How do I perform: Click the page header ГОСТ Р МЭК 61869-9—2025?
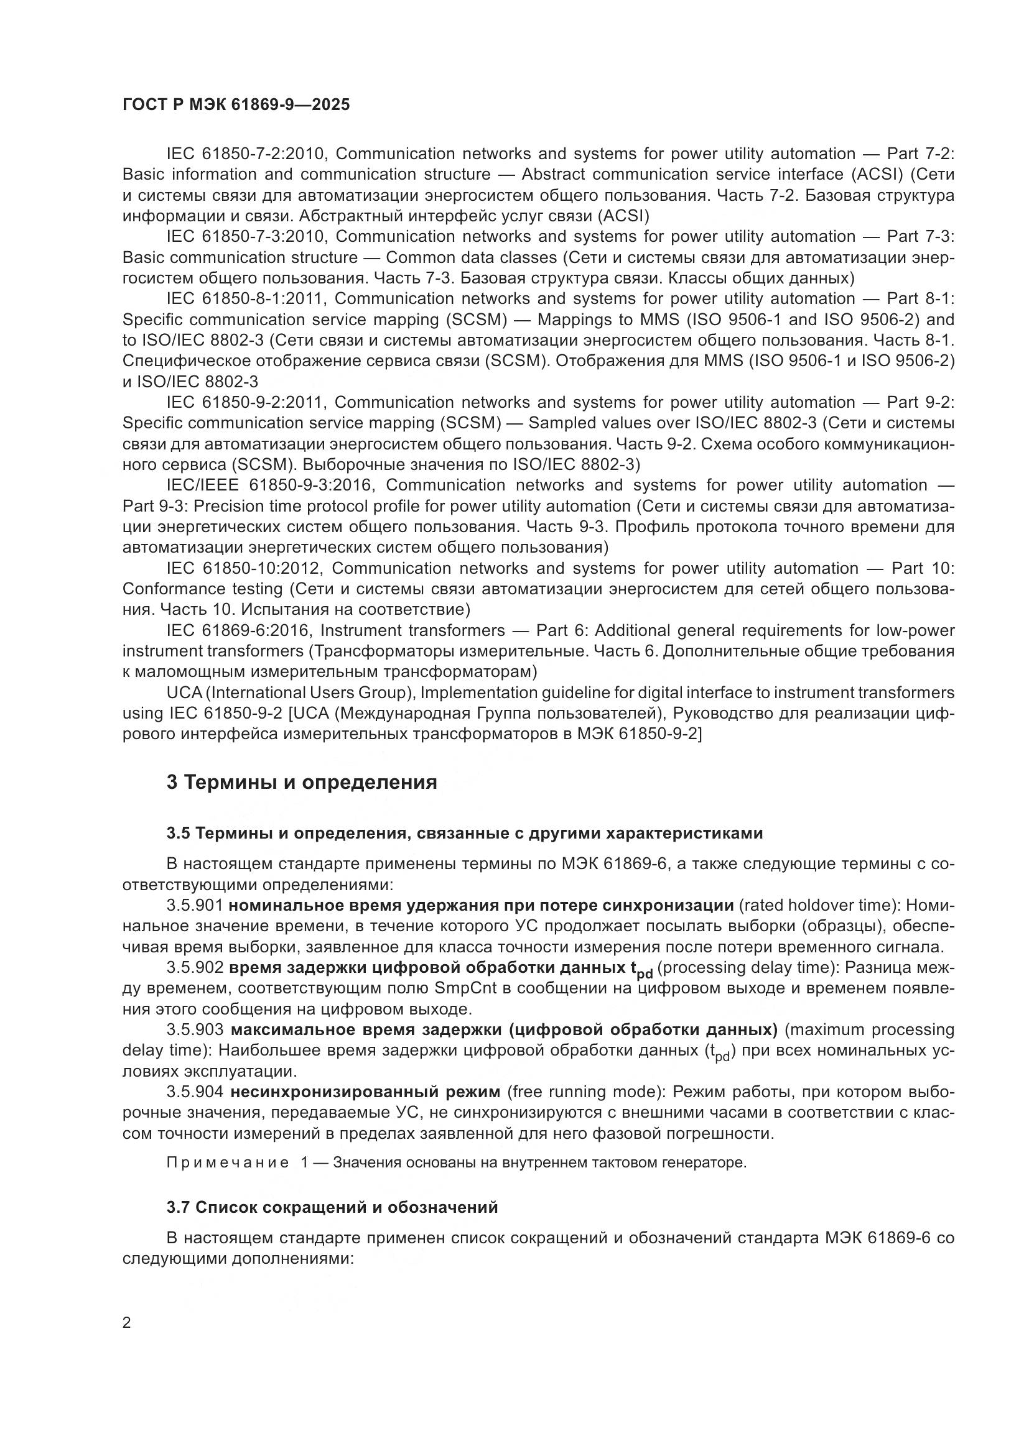(236, 105)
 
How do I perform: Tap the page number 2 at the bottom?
(127, 1323)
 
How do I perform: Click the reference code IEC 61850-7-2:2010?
(246, 154)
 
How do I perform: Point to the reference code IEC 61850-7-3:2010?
(246, 237)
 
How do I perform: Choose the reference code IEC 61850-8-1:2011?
(246, 299)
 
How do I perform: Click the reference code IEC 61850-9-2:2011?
(246, 402)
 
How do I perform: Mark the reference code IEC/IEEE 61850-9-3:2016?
(271, 485)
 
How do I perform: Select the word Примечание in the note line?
(228, 1162)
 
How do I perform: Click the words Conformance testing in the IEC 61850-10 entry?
(203, 589)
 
